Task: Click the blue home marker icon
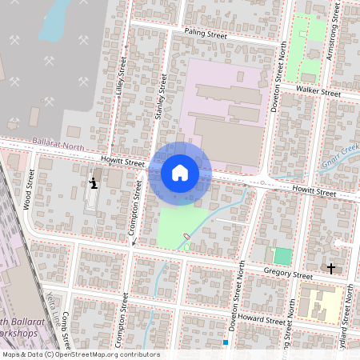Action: coord(180,173)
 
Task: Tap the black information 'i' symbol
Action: coord(94,183)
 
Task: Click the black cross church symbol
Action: coord(331,268)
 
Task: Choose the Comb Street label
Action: coord(66,332)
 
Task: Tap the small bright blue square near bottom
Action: coord(226,342)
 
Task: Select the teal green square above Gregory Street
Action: coord(282,256)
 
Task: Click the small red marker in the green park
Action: coord(187,236)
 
